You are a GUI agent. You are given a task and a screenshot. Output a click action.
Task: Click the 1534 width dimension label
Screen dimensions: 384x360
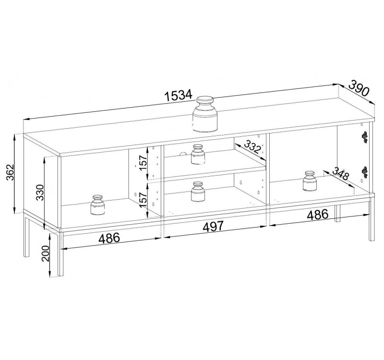[179, 95]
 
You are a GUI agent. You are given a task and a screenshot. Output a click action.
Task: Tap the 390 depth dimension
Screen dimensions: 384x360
[359, 88]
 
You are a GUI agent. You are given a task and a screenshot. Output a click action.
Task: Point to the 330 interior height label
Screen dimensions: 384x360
[40, 192]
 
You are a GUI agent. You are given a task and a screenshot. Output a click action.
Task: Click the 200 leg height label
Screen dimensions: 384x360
[45, 253]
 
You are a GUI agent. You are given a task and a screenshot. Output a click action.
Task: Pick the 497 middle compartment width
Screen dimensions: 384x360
[213, 226]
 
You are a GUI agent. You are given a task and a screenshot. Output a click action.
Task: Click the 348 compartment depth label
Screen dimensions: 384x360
[340, 173]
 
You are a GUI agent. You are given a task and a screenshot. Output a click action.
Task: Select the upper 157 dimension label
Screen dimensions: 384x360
[143, 163]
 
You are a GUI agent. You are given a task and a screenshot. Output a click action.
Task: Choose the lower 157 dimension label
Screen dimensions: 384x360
[143, 200]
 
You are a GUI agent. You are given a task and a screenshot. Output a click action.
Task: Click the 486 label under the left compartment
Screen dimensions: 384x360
[109, 238]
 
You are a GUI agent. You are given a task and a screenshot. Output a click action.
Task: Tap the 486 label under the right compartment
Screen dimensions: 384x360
[318, 215]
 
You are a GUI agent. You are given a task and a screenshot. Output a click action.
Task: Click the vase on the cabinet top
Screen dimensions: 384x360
[205, 114]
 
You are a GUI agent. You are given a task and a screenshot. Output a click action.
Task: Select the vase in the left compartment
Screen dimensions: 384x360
[98, 205]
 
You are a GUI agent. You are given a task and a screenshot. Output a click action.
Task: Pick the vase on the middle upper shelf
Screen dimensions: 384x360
[198, 154]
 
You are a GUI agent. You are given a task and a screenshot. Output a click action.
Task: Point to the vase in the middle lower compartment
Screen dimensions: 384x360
[198, 192]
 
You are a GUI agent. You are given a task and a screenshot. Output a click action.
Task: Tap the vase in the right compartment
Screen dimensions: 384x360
[310, 181]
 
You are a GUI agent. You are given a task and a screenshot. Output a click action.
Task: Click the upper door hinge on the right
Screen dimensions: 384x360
[365, 137]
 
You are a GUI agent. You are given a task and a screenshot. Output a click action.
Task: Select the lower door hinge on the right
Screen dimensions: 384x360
[365, 172]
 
